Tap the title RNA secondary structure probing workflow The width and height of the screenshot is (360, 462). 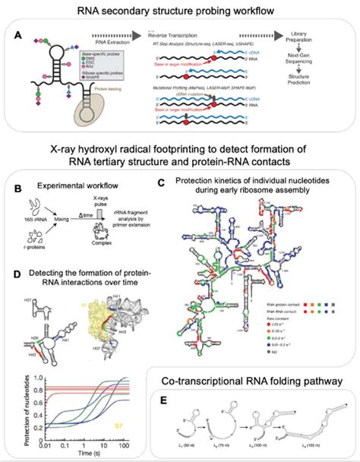pyautogui.click(x=180, y=10)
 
